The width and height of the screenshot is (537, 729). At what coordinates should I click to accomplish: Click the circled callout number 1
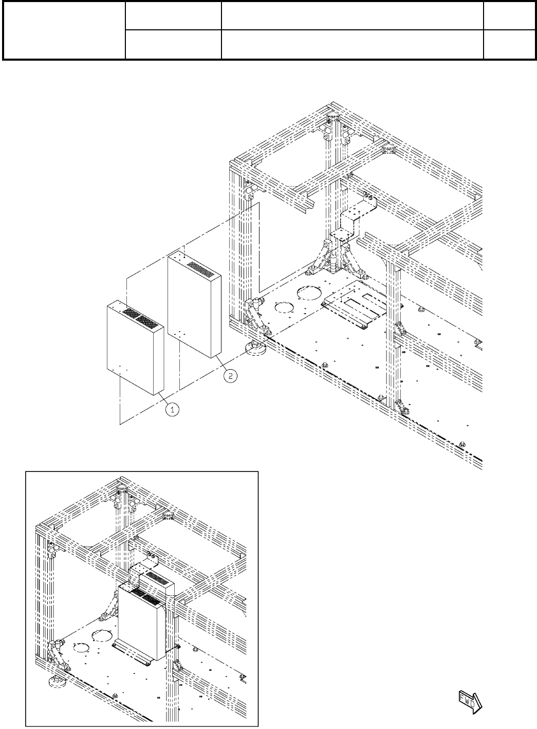[173, 409]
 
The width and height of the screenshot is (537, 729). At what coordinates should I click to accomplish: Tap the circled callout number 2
[231, 376]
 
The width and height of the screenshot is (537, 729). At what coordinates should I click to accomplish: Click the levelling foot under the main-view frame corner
[256, 350]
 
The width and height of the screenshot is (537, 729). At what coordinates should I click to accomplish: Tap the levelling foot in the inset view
[54, 682]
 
